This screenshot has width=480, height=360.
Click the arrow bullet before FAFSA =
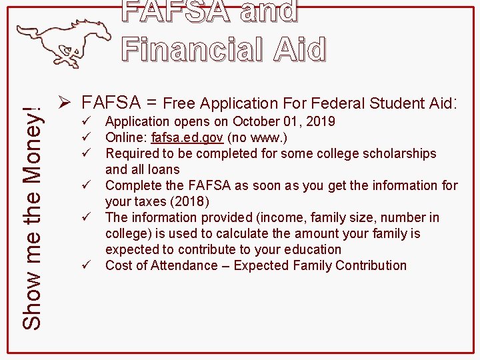click(x=65, y=103)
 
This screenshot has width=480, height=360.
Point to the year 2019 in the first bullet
click(x=321, y=121)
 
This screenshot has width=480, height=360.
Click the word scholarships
click(x=396, y=153)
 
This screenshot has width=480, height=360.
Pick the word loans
click(x=164, y=169)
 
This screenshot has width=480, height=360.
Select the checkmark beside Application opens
click(x=84, y=121)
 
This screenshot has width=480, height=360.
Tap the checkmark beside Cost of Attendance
click(x=84, y=265)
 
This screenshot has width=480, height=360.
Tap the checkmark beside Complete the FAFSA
click(x=84, y=185)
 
